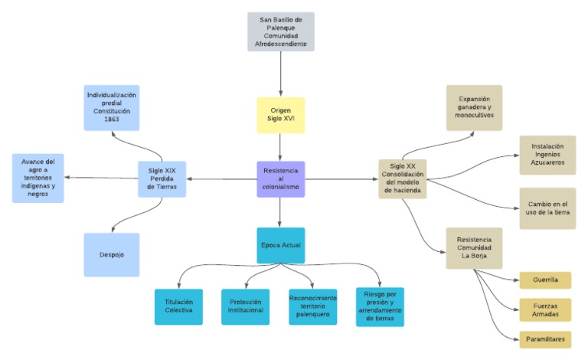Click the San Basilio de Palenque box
tap(281, 31)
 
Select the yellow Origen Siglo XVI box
tap(281, 115)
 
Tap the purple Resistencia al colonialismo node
tap(281, 179)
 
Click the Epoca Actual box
tap(281, 245)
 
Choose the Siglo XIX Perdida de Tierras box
tap(162, 179)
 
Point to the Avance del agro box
tap(38, 178)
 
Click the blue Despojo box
tap(112, 254)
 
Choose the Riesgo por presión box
tap(380, 306)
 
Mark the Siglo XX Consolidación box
tap(403, 178)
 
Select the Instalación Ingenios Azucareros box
tap(547, 155)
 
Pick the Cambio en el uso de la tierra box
tap(547, 208)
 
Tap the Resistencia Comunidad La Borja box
tap(474, 247)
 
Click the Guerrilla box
tap(545, 280)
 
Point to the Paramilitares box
tap(545, 339)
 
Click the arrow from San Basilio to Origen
tap(281, 73)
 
